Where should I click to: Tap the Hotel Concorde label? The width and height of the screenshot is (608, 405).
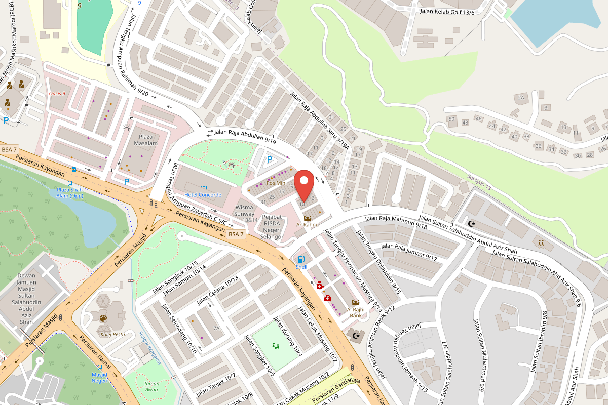(203, 195)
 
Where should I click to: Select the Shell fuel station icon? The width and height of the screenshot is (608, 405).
(302, 259)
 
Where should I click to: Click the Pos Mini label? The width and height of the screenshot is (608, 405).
(277, 183)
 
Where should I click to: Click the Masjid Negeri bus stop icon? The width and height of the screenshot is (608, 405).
(99, 368)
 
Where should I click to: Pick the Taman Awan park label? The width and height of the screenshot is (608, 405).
(151, 386)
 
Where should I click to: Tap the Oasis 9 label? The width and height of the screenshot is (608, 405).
(58, 93)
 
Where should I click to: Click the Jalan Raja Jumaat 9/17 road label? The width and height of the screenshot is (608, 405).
(409, 252)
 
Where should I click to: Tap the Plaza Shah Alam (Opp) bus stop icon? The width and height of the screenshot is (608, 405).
(74, 170)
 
